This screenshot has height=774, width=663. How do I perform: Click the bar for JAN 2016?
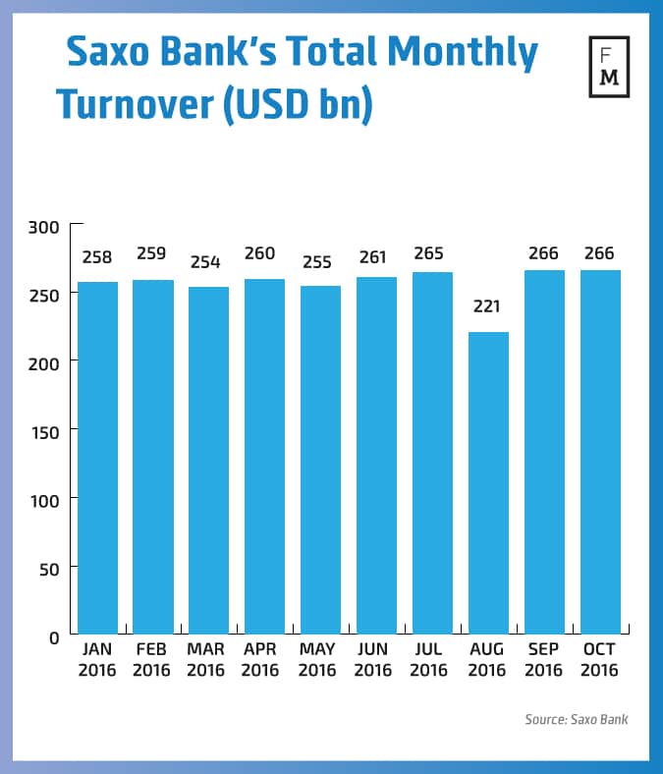(x=97, y=458)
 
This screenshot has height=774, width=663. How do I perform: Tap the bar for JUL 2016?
(x=432, y=453)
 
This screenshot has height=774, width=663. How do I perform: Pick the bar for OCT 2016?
(x=599, y=452)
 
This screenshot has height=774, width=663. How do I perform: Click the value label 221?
(x=488, y=306)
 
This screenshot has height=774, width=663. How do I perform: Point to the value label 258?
(x=97, y=257)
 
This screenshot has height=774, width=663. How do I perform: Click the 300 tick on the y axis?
(x=47, y=227)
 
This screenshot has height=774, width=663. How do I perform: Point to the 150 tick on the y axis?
(x=47, y=431)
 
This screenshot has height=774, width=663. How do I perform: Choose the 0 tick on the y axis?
(x=54, y=636)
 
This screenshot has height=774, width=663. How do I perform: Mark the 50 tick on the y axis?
(x=50, y=568)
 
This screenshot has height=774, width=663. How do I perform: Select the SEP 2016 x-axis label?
(x=543, y=660)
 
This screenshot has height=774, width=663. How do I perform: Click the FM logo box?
(x=608, y=68)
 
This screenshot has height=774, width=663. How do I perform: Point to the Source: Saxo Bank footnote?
(x=576, y=720)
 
